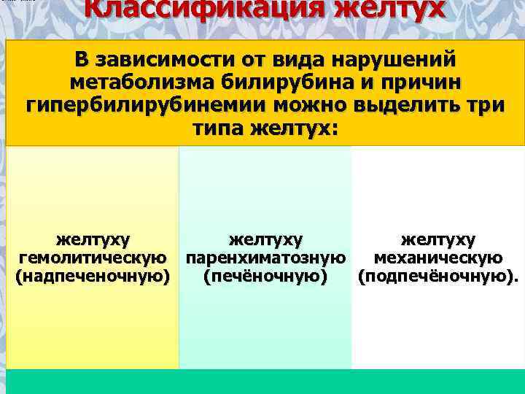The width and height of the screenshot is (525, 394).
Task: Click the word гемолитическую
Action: coord(93,258)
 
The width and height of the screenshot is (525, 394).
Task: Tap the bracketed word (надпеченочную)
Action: coord(93,277)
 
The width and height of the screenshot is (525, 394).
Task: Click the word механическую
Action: coord(437,258)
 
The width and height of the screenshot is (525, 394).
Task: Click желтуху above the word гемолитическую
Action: coord(93,239)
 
